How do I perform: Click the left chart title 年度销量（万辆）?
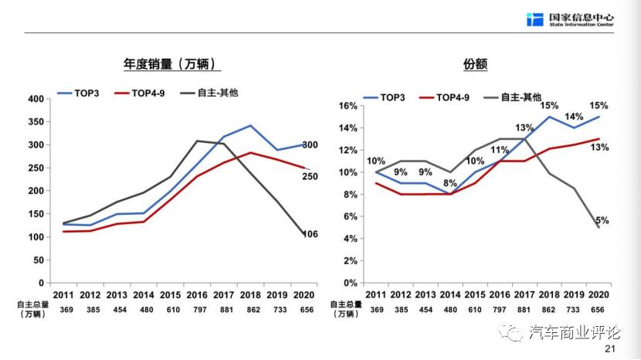click(x=169, y=64)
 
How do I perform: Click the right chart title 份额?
click(x=476, y=64)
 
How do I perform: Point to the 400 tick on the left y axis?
click(x=36, y=99)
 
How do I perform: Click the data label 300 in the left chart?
click(x=310, y=145)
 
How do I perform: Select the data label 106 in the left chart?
click(x=310, y=235)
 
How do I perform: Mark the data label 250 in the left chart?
click(x=310, y=177)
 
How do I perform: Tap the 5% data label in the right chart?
click(x=602, y=220)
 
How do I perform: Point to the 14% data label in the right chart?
click(x=573, y=117)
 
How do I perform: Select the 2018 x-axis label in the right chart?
click(x=548, y=294)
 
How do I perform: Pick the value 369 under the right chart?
click(x=376, y=309)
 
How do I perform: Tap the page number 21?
click(x=610, y=349)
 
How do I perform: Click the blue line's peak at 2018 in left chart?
click(x=250, y=125)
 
